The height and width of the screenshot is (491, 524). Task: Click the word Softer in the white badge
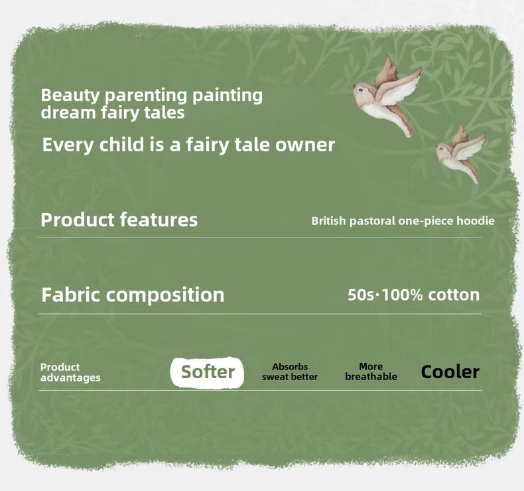208,372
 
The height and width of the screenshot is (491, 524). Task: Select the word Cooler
450,372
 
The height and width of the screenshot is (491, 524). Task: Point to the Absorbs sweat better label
290,372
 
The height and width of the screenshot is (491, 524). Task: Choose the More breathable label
371,372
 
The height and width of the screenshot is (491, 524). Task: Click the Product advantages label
70,372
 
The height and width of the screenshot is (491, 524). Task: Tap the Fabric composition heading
133,295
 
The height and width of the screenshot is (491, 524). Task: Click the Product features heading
119,220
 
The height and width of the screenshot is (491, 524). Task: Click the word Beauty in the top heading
70,96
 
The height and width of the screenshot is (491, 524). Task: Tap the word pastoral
372,221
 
